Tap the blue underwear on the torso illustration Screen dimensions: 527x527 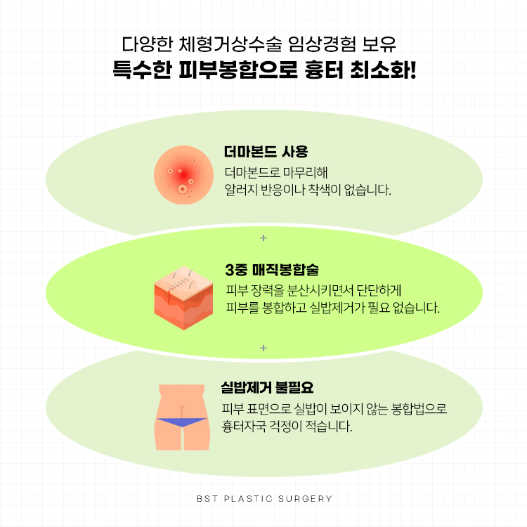[182, 422]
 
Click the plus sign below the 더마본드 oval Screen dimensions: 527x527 [263, 238]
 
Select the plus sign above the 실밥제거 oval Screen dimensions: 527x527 [263, 348]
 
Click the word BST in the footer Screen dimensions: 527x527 [205, 499]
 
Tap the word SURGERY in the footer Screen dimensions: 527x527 [306, 499]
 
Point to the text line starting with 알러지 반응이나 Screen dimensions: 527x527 [307, 190]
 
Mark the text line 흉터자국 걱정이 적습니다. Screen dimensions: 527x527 [287, 426]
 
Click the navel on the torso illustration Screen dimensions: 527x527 [183, 407]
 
